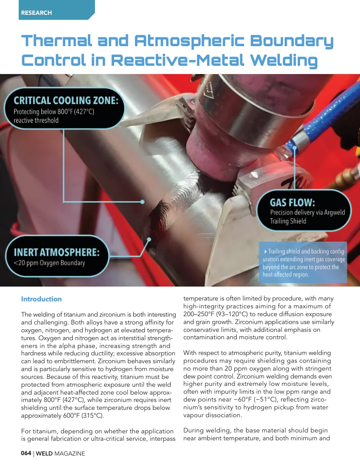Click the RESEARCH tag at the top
click(36, 13)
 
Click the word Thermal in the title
click(57, 41)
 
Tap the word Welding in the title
click(284, 61)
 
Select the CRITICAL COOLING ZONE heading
click(66, 101)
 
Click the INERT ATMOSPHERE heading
click(57, 252)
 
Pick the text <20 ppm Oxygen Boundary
click(49, 263)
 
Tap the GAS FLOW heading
click(292, 203)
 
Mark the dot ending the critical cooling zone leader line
click(142, 202)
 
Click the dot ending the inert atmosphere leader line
click(149, 239)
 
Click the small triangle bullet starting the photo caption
click(265, 251)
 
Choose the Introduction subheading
click(41, 299)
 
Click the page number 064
click(26, 453)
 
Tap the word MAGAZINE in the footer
click(70, 453)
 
